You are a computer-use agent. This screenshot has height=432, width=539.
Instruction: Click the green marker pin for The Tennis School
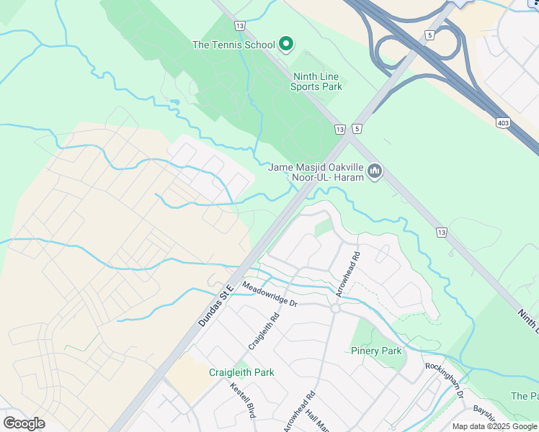285,44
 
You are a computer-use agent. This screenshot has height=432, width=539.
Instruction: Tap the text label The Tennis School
233,45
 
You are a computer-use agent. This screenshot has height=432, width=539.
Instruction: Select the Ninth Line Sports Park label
316,81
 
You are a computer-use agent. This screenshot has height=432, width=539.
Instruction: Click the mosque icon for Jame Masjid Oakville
374,171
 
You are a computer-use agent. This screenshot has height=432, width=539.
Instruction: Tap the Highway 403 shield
503,123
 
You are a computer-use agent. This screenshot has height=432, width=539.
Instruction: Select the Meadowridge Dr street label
270,294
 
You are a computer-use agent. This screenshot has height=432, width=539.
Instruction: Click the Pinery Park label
375,351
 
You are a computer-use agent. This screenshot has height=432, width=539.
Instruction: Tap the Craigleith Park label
241,372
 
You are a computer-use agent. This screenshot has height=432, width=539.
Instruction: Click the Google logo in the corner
24,423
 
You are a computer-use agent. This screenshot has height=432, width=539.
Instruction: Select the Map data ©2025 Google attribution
494,426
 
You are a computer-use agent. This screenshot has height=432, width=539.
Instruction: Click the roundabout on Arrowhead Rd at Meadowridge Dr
335,308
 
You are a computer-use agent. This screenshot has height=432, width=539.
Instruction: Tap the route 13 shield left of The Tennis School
239,25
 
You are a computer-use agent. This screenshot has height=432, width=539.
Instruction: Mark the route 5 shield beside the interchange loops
429,34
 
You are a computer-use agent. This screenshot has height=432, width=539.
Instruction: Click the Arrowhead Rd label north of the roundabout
347,274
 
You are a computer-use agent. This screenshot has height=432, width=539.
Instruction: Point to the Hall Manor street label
318,421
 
